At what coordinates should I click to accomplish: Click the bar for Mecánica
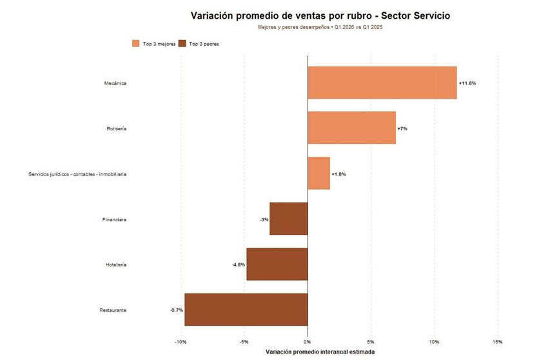[x=382, y=83]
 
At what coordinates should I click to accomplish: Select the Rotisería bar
[x=351, y=128]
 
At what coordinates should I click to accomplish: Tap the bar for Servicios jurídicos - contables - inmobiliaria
[x=319, y=174]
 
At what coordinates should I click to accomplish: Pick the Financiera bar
[x=288, y=219]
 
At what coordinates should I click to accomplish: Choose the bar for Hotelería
[x=277, y=265]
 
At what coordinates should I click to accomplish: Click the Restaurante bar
[x=246, y=310]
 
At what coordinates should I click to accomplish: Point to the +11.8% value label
[x=467, y=83]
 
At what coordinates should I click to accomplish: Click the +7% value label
[x=402, y=128]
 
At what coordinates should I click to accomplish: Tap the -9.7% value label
[x=176, y=310]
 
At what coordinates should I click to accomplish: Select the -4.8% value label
[x=239, y=265]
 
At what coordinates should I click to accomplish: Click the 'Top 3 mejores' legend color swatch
[x=136, y=44]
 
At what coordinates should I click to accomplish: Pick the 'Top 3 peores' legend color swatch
[x=183, y=44]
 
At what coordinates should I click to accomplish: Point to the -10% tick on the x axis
[x=181, y=341]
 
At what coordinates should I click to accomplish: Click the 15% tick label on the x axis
[x=497, y=341]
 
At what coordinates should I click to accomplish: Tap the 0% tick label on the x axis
[x=308, y=341]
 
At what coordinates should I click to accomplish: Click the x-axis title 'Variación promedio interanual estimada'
[x=320, y=352]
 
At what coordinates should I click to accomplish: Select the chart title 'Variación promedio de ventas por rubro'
[x=320, y=15]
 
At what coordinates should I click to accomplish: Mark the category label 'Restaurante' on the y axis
[x=113, y=310]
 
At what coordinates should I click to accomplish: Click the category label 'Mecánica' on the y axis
[x=115, y=83]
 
